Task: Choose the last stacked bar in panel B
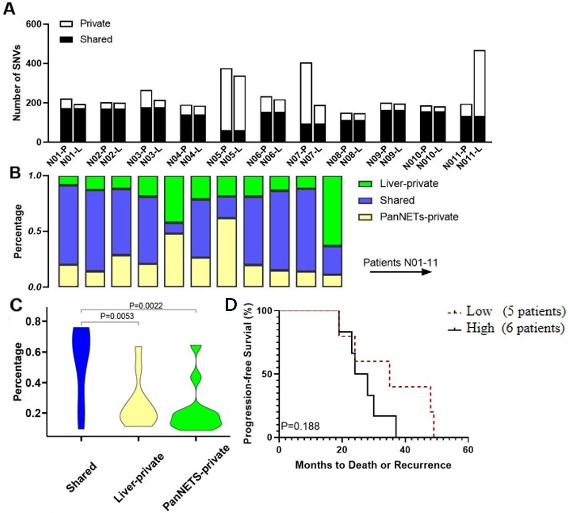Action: tap(332, 231)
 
